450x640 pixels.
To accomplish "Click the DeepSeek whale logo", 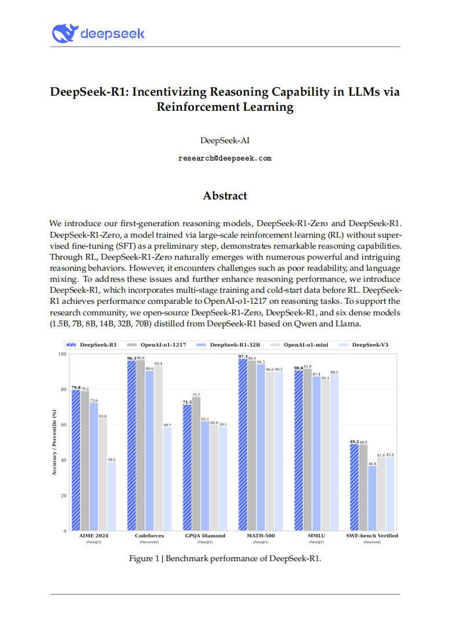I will tap(64, 33).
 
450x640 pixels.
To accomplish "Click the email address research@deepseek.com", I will tap(225, 158).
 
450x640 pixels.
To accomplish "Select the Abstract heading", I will tap(225, 196).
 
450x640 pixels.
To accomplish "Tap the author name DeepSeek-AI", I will tap(225, 140).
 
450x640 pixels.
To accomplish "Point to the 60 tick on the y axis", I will tap(62, 425).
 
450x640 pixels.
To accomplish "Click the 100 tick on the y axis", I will tap(61, 354).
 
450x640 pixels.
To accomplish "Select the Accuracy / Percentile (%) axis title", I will tap(54, 442).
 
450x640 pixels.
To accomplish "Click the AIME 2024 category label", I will tap(93, 536).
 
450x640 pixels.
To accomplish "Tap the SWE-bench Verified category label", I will tap(372, 536).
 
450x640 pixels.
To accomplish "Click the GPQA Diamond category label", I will tap(205, 536).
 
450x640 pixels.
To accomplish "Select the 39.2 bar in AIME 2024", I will tap(111, 496).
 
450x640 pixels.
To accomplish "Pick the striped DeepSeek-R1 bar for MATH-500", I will tap(243, 445).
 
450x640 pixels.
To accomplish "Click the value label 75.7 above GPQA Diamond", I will tap(196, 395).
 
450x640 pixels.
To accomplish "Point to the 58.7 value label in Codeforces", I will tap(167, 425).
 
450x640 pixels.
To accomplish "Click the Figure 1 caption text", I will tap(225, 559).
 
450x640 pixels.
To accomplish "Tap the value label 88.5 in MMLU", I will tap(334, 372).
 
